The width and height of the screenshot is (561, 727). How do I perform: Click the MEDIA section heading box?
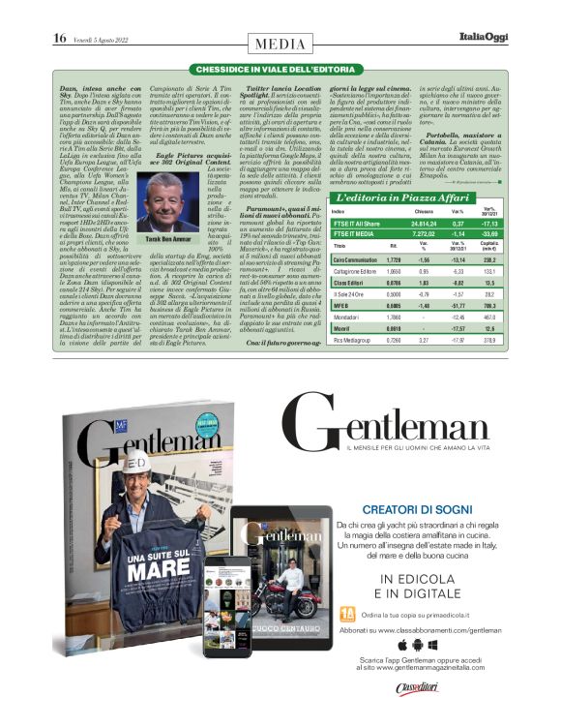point(280,44)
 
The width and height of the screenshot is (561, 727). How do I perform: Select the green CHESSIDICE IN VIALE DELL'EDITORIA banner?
point(280,70)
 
